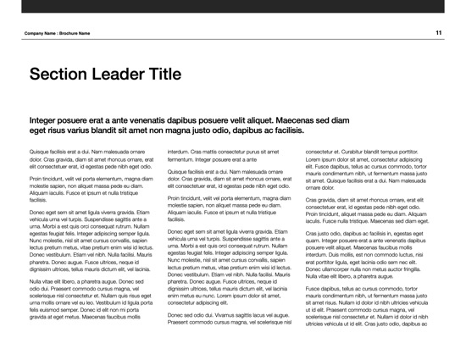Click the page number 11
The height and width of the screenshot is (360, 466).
pyautogui.click(x=439, y=33)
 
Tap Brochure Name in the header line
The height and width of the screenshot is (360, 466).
pyautogui.click(x=73, y=34)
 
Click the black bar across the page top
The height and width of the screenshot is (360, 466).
pyautogui.click(x=233, y=6)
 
